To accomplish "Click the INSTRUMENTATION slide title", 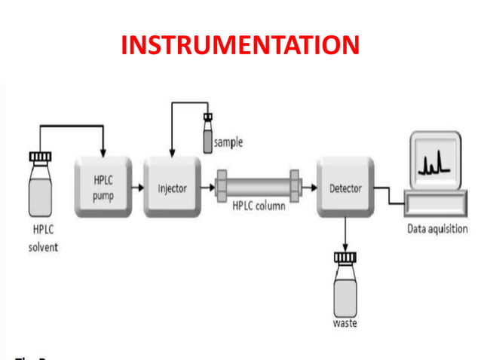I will pos(240,45).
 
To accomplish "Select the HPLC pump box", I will pos(103,187).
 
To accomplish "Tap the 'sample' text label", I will pos(228,142).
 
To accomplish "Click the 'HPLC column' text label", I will pos(258,206).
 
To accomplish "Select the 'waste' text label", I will pos(345,324).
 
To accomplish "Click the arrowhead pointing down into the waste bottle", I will pos(345,246).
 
